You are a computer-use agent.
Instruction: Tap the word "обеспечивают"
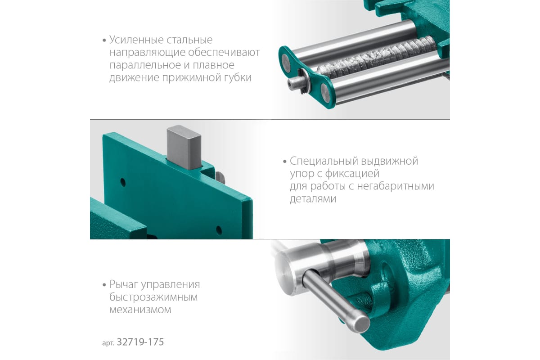tap(224, 52)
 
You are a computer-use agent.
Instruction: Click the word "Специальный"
tap(322, 161)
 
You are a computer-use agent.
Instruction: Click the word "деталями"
tap(313, 199)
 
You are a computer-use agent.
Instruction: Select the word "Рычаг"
tap(124, 284)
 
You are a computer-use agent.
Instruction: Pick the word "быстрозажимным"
tap(153, 297)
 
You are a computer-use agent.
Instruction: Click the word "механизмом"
tap(140, 310)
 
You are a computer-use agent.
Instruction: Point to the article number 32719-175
tap(140, 342)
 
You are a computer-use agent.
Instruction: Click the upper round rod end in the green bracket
tap(286, 62)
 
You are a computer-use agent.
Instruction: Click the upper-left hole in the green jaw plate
tap(123, 182)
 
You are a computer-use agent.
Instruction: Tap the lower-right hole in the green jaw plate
tap(219, 230)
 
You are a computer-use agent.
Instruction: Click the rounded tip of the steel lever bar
tap(362, 324)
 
